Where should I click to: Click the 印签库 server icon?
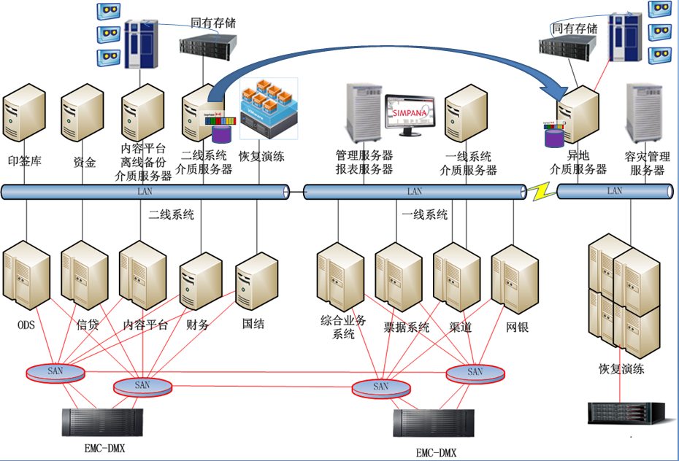(25, 114)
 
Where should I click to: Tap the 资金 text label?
(85, 163)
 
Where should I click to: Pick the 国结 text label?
(253, 324)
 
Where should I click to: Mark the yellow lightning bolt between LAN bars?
(542, 192)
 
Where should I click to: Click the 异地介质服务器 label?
(578, 163)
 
